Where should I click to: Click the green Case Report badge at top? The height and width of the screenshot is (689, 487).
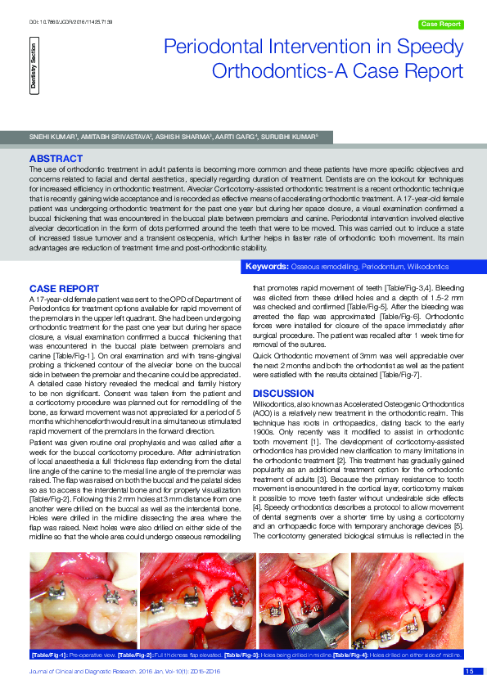pyautogui.click(x=440, y=25)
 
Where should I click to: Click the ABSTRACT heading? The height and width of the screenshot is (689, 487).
pyautogui.click(x=55, y=156)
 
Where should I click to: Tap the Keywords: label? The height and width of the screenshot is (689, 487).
pyautogui.click(x=267, y=267)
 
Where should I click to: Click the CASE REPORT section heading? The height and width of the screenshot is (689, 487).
pyautogui.click(x=64, y=288)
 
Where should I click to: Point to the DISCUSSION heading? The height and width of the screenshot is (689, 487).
pyautogui.click(x=283, y=394)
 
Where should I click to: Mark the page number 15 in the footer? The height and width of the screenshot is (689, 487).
pyautogui.click(x=469, y=671)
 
